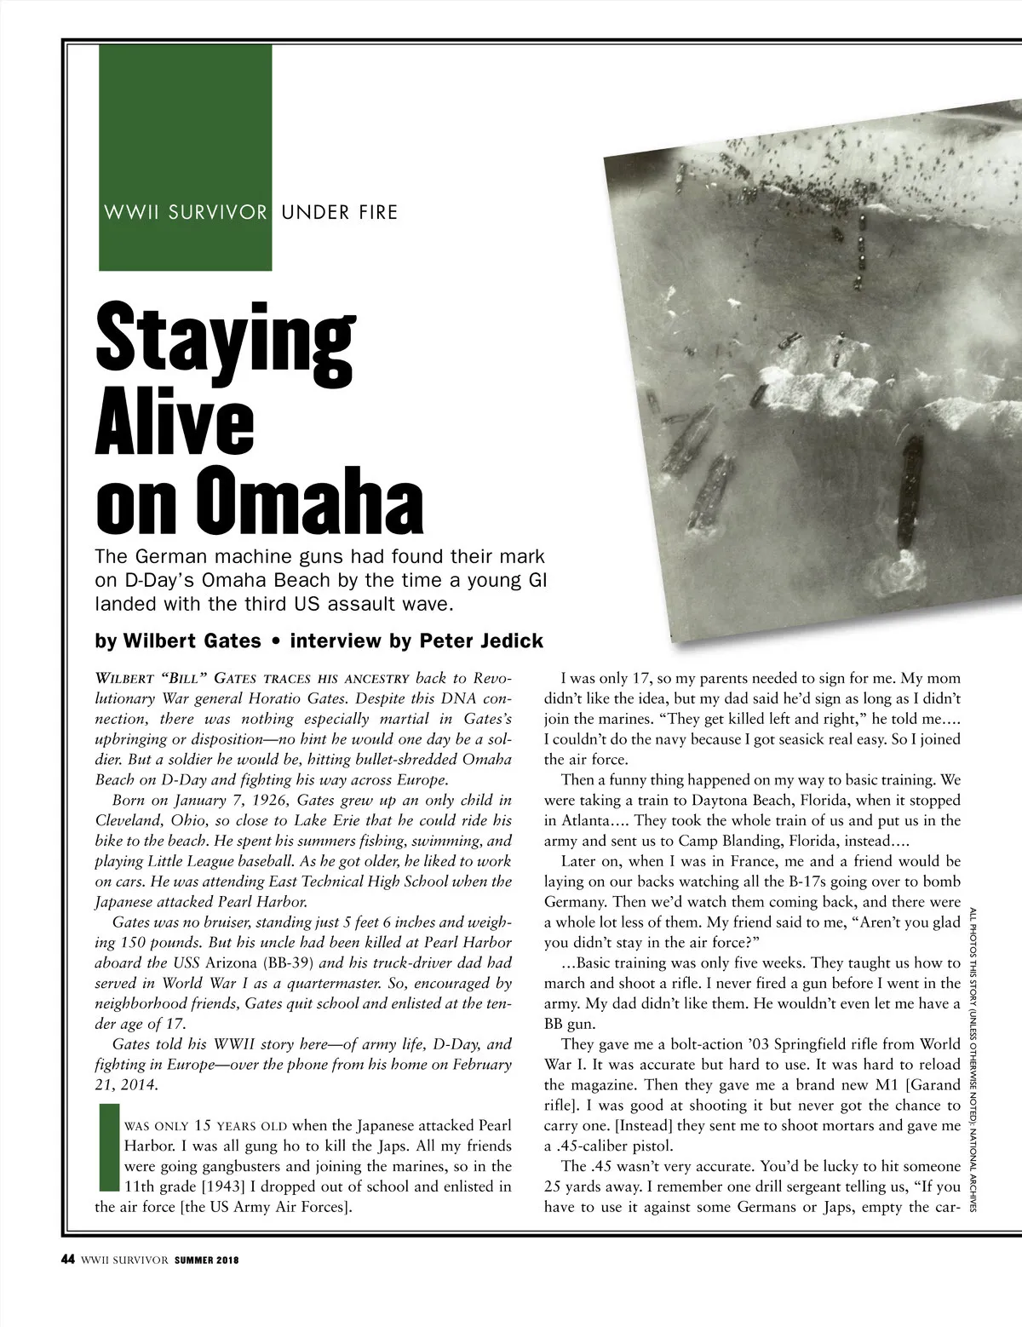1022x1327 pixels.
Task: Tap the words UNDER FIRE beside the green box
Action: pyautogui.click(x=339, y=212)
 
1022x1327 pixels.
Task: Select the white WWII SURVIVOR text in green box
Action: pyautogui.click(x=186, y=212)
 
